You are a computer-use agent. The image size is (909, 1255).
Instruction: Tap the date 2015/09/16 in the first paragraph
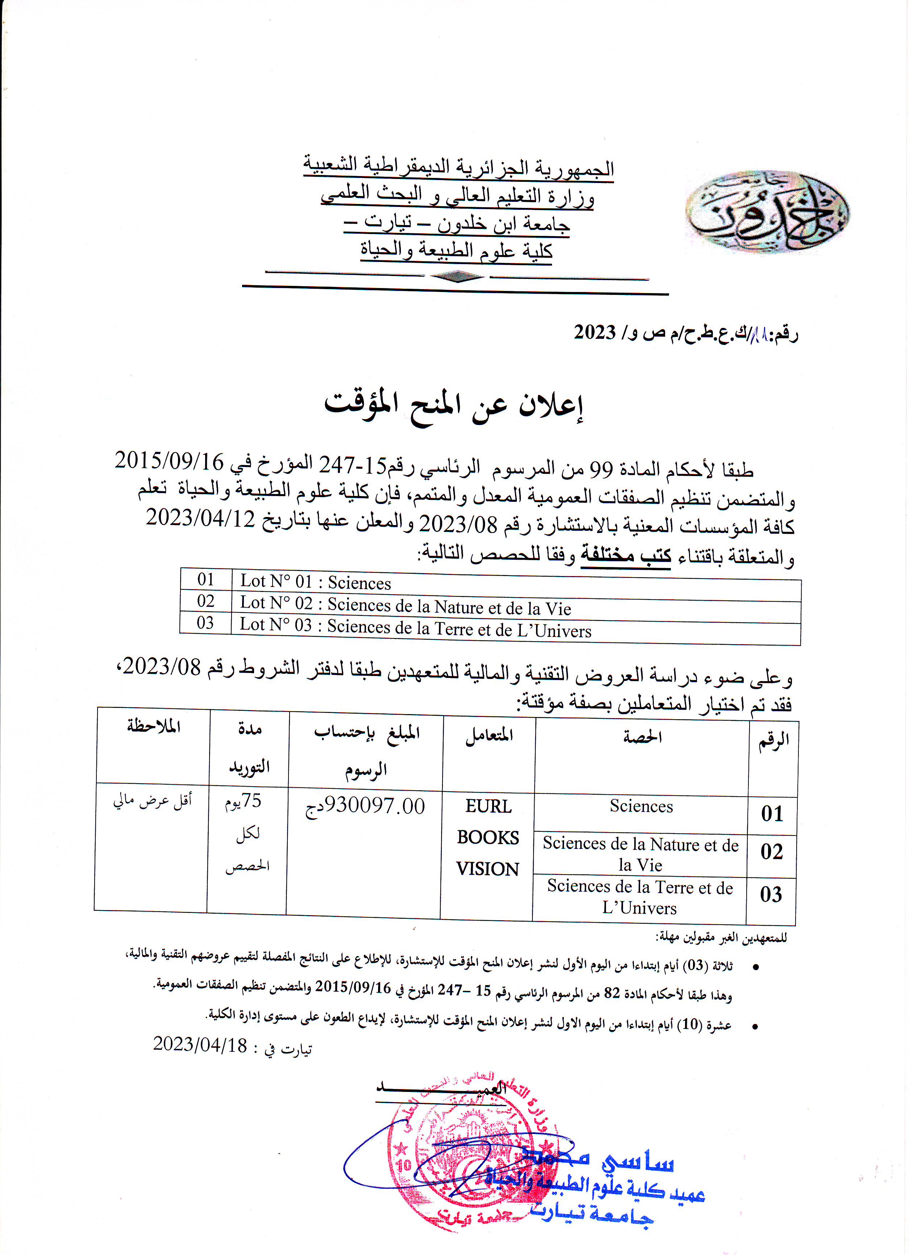coord(169,461)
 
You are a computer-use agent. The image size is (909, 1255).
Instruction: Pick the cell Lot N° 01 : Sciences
coord(316,582)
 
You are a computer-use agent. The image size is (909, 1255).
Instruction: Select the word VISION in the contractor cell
coord(487,869)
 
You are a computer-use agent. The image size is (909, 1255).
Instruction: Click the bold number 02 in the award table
coord(772,852)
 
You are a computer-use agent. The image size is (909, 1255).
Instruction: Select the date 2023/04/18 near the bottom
coord(200,1044)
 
